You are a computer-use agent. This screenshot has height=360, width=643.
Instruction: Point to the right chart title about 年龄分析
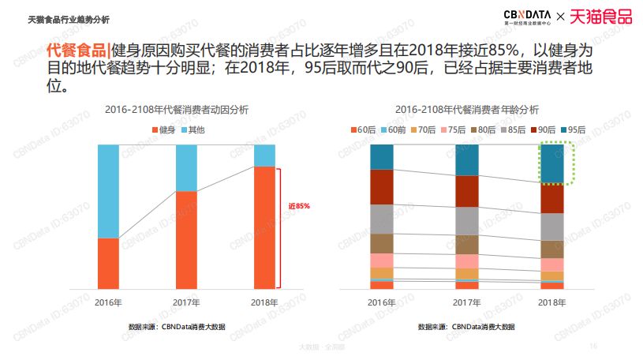[467, 109]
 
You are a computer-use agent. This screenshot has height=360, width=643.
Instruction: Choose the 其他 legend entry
[193, 129]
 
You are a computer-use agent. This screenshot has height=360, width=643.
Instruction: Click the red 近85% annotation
[299, 206]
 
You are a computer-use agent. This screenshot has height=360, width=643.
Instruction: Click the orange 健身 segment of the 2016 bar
[107, 263]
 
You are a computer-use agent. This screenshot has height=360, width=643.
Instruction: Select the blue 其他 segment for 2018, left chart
[265, 155]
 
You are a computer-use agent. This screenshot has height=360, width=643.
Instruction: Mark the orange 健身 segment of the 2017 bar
[186, 240]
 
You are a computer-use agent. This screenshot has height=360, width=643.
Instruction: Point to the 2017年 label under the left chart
[186, 302]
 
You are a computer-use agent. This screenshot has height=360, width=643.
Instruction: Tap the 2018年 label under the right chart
[551, 302]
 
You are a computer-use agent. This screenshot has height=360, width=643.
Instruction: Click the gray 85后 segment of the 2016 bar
[381, 219]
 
